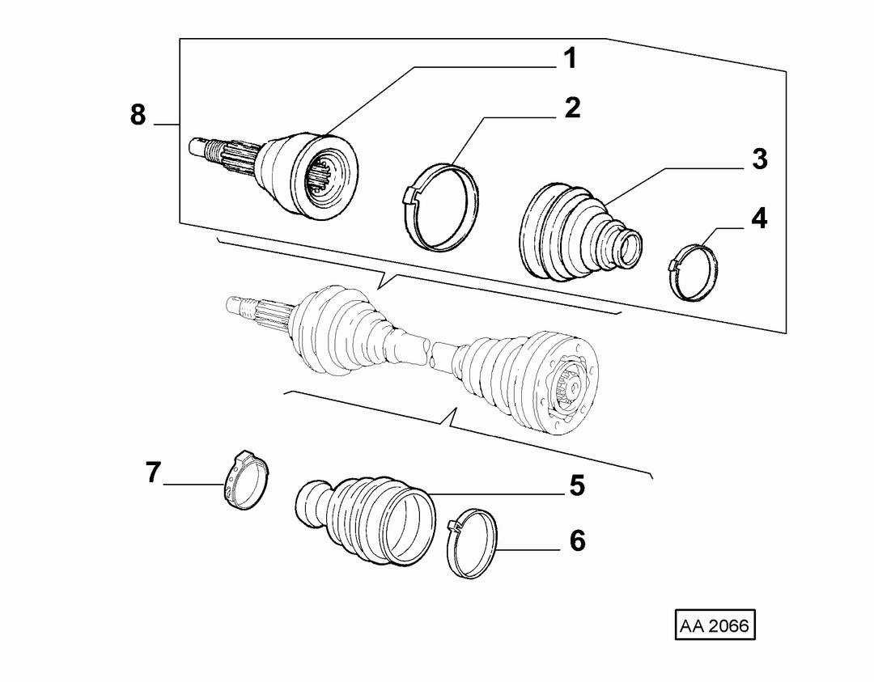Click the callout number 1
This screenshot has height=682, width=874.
[x=570, y=58]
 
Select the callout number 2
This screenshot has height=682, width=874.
[x=572, y=108]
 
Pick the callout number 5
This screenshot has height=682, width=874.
[x=578, y=485]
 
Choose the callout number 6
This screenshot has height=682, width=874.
[x=578, y=541]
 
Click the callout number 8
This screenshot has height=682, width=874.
[x=138, y=115]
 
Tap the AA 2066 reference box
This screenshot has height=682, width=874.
[x=715, y=625]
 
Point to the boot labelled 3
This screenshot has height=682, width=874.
[x=579, y=231]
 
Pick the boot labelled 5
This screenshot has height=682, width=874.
[x=365, y=519]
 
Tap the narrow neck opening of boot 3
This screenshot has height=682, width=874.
[x=630, y=249]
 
